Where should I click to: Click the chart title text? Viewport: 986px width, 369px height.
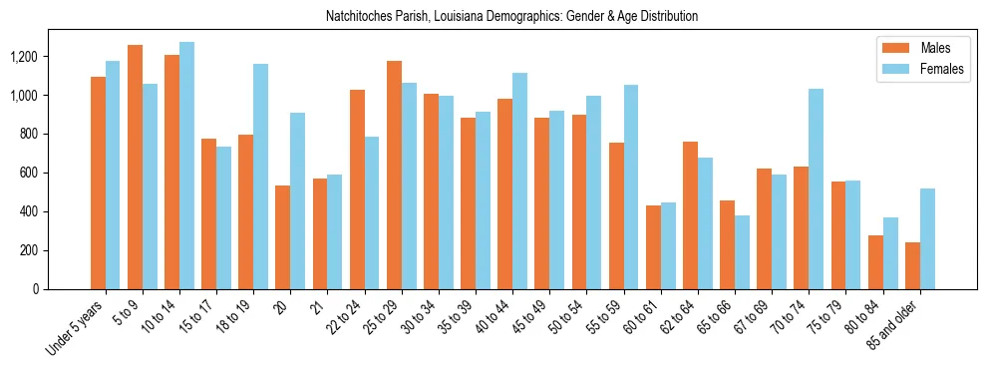(511, 17)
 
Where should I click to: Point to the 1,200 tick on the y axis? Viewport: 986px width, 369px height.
(47, 57)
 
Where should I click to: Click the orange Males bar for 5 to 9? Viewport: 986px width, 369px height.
(135, 167)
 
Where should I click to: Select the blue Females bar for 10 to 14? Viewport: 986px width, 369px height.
(186, 166)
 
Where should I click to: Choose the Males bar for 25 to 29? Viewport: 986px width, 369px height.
(394, 175)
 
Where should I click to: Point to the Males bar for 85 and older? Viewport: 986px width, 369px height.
(912, 265)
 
